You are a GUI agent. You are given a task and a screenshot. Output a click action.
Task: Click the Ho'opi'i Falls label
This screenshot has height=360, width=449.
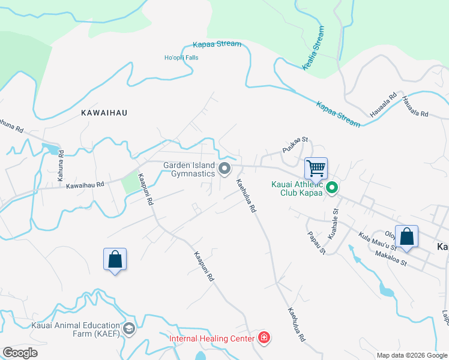click(181, 58)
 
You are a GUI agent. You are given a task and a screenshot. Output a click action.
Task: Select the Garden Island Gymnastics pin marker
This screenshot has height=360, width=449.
click(225, 169)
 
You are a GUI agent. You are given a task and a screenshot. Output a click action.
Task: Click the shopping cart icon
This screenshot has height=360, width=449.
click(316, 169)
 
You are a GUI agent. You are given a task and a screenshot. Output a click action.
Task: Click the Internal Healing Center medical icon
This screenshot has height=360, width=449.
click(263, 338)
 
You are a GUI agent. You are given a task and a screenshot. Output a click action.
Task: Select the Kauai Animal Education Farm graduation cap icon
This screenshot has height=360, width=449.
click(128, 328)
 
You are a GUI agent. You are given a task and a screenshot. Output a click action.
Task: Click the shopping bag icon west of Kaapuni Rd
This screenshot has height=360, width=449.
click(115, 259)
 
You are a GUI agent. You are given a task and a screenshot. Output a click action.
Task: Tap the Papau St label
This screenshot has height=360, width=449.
click(316, 242)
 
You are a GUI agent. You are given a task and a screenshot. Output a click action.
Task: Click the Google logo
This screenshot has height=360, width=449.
click(19, 353)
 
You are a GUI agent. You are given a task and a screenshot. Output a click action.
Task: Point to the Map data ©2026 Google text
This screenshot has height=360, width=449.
click(411, 355)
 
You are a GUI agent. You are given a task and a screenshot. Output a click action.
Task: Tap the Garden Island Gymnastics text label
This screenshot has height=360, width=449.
click(189, 169)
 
